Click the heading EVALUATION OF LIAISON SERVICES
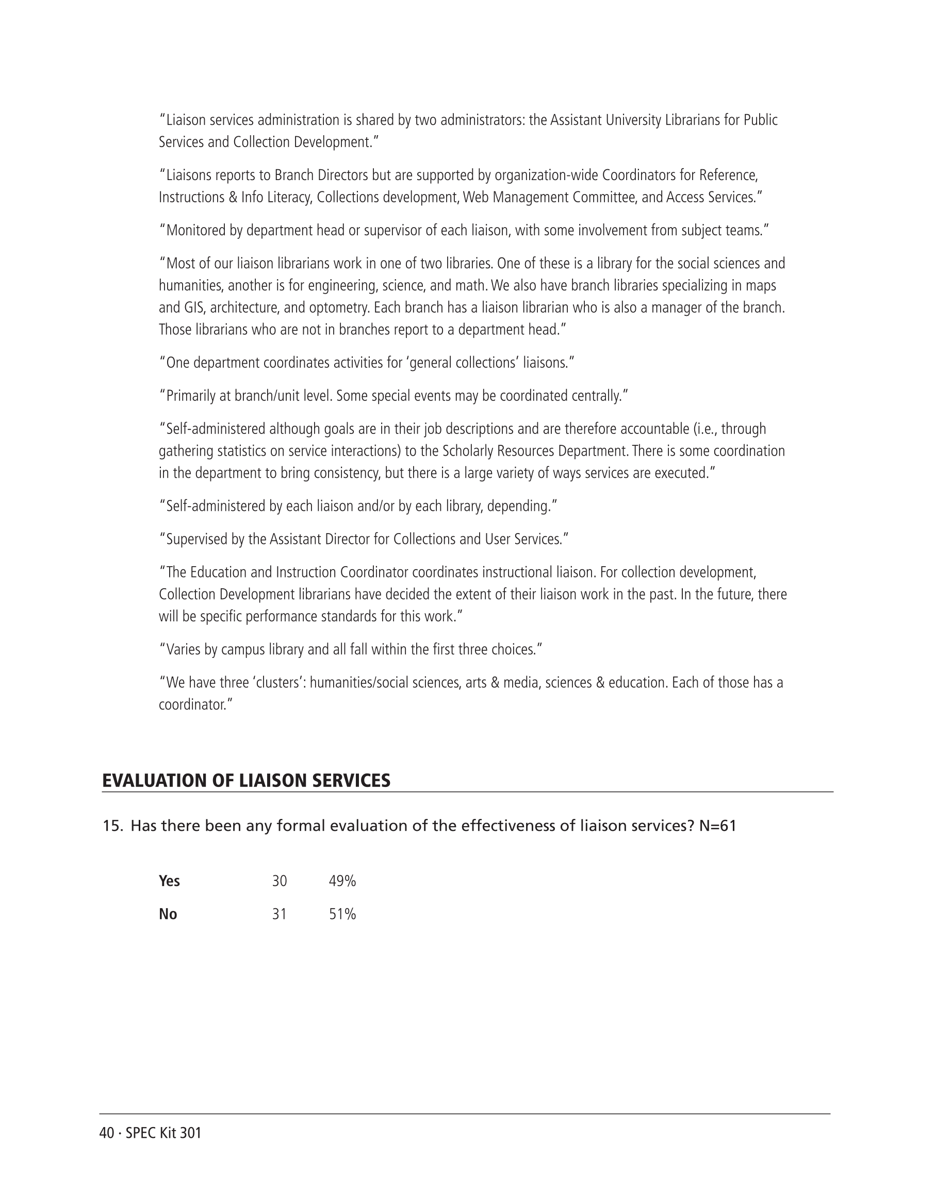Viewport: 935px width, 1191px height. pos(246,781)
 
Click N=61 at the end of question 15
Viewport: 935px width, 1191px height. pos(717,826)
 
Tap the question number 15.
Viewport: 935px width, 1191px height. pos(112,826)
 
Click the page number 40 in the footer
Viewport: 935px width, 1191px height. pos(106,1133)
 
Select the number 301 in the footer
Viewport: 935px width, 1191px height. pos(190,1133)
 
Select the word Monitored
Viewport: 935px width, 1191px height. pos(196,231)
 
